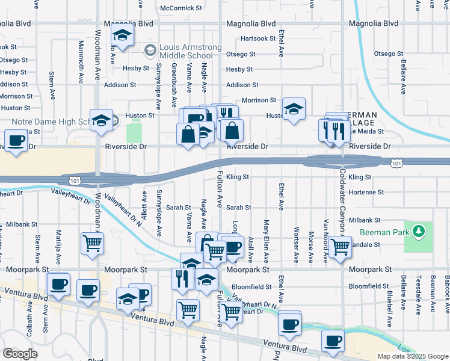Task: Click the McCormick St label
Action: (181, 8)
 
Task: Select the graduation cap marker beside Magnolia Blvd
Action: (122, 37)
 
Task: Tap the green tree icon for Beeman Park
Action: (418, 231)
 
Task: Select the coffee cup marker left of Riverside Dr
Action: (16, 142)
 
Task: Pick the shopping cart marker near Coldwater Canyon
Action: (341, 245)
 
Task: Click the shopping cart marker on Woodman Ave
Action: (93, 243)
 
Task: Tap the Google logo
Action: (20, 353)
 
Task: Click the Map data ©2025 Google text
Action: (411, 356)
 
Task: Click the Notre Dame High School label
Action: (50, 122)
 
